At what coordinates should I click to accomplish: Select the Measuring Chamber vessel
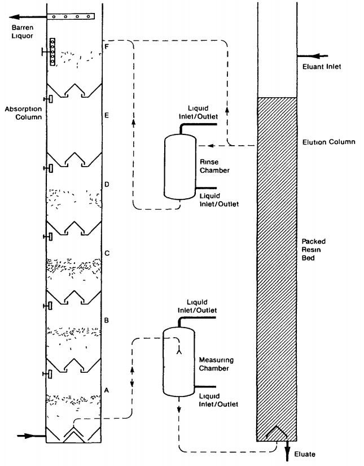coord(178,362)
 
